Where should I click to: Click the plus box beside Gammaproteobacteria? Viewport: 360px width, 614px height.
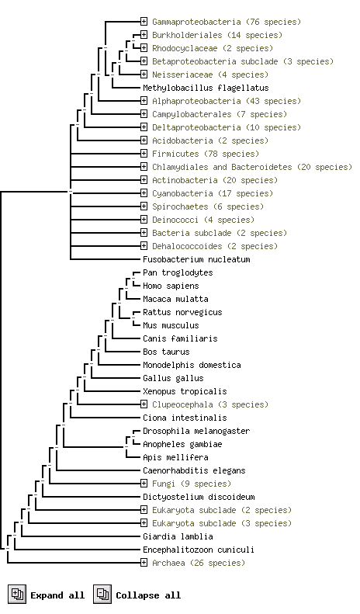click(x=144, y=22)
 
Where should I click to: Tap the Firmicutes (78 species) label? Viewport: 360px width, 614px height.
click(x=206, y=154)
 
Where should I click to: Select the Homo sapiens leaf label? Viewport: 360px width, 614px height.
click(x=171, y=286)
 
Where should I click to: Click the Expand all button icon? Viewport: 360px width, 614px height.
click(x=17, y=594)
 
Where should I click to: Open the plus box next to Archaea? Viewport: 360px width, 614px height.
click(x=144, y=563)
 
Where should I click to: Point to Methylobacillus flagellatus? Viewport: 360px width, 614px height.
click(x=206, y=88)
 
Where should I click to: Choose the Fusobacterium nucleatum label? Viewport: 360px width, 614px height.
click(x=196, y=259)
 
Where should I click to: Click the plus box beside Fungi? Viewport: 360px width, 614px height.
click(x=144, y=484)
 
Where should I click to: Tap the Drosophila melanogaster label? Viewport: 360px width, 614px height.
click(x=196, y=431)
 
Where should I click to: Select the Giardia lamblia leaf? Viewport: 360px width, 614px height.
click(x=178, y=536)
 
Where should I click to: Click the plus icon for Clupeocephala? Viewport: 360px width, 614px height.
click(x=144, y=404)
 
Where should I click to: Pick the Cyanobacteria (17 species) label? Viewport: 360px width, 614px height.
click(x=213, y=193)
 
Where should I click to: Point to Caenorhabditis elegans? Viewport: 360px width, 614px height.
click(x=194, y=470)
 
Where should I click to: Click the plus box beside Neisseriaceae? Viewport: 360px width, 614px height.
click(x=144, y=75)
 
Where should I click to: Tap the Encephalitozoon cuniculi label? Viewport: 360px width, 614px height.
click(x=199, y=550)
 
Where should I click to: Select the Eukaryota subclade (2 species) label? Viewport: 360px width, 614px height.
click(x=222, y=510)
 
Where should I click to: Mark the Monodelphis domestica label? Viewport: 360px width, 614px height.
click(x=192, y=365)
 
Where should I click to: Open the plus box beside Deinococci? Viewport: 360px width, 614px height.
click(x=144, y=220)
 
